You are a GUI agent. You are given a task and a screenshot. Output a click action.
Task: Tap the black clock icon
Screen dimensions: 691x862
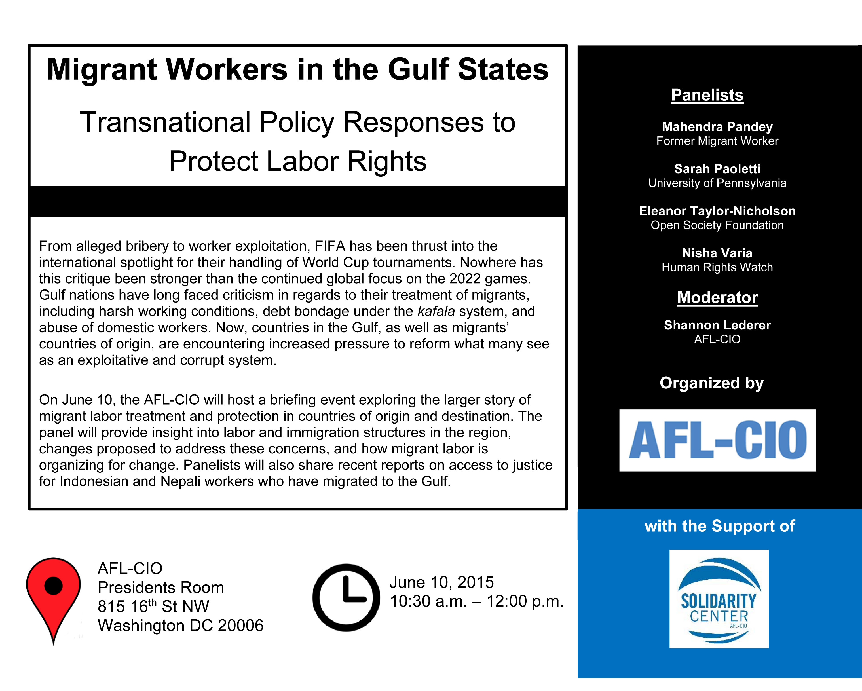(346, 597)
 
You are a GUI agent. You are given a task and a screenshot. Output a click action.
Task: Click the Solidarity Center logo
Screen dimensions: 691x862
(719, 599)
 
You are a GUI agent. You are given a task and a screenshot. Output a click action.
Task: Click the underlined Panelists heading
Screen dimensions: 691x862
(707, 95)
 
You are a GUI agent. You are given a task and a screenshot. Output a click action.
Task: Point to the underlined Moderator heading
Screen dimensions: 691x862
(717, 297)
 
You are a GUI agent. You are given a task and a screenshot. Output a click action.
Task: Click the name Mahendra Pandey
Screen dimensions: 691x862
(717, 127)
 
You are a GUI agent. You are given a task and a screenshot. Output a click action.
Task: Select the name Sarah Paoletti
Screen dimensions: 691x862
(717, 169)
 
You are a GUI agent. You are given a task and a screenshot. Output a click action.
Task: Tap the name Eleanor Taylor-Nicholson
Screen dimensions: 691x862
(717, 211)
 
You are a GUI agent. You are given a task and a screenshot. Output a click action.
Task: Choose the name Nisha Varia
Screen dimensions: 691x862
(717, 253)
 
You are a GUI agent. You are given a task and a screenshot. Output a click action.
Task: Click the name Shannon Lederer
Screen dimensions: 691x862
(717, 325)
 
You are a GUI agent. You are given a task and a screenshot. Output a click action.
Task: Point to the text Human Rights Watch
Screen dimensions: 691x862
(717, 267)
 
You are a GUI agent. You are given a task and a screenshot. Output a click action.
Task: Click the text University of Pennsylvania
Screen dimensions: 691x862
(717, 183)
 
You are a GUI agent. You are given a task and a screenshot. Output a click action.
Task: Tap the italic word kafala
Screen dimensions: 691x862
(436, 311)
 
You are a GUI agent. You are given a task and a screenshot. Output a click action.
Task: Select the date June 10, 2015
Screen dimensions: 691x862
(441, 582)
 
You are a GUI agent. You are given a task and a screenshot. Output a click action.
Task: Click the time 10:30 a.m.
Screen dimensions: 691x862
(428, 601)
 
